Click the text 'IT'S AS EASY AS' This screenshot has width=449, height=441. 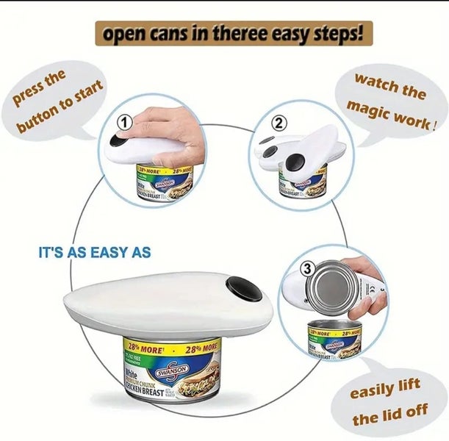tap(94, 252)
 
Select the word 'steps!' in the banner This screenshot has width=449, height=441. tap(339, 34)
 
